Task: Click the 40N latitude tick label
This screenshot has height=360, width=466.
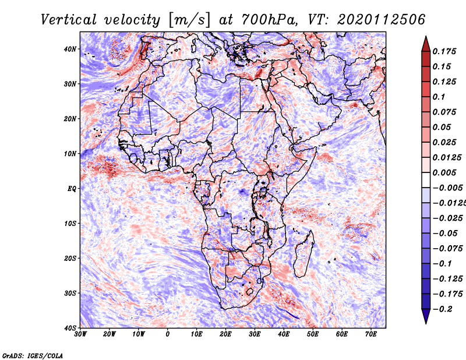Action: [x=70, y=49]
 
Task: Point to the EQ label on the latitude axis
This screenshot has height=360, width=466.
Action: [x=72, y=189]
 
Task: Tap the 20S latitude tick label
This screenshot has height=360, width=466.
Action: [x=70, y=258]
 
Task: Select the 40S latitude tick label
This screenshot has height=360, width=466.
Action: [x=70, y=328]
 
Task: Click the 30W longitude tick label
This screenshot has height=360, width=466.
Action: [x=80, y=334]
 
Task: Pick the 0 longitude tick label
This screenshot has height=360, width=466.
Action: [x=168, y=334]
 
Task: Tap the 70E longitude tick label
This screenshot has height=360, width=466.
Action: [x=371, y=334]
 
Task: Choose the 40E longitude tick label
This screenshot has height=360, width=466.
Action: [x=284, y=334]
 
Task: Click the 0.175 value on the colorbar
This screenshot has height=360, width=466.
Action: [x=444, y=51]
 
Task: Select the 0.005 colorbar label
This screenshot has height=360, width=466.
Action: [x=444, y=172]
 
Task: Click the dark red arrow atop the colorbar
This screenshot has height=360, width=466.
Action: [x=426, y=45]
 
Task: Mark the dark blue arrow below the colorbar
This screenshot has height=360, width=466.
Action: [x=426, y=316]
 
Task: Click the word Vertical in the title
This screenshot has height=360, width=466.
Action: [x=69, y=20]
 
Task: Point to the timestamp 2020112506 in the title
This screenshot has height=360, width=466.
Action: [x=382, y=20]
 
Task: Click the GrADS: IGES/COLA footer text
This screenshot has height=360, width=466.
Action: [x=33, y=356]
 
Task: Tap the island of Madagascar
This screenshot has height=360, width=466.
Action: [x=303, y=253]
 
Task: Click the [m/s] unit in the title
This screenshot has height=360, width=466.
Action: [x=189, y=20]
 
